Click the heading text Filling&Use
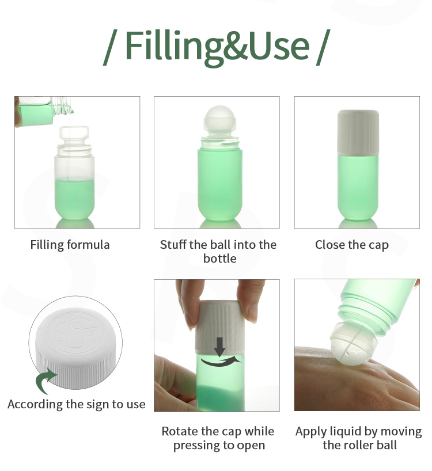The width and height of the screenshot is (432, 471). [217, 48]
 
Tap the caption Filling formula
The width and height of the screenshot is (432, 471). [70, 245]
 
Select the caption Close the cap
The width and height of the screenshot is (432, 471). [352, 245]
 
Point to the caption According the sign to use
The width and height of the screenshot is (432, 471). [77, 404]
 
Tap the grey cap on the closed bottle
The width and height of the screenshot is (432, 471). [358, 132]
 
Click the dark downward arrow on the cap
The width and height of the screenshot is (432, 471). [220, 347]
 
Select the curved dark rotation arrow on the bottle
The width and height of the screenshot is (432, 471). [220, 362]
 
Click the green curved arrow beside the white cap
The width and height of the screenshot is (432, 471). [45, 380]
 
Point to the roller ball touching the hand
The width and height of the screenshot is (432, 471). [349, 343]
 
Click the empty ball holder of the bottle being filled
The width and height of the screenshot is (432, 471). [74, 133]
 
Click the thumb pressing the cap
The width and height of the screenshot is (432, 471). [188, 303]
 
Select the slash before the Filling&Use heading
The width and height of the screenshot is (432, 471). [110, 47]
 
